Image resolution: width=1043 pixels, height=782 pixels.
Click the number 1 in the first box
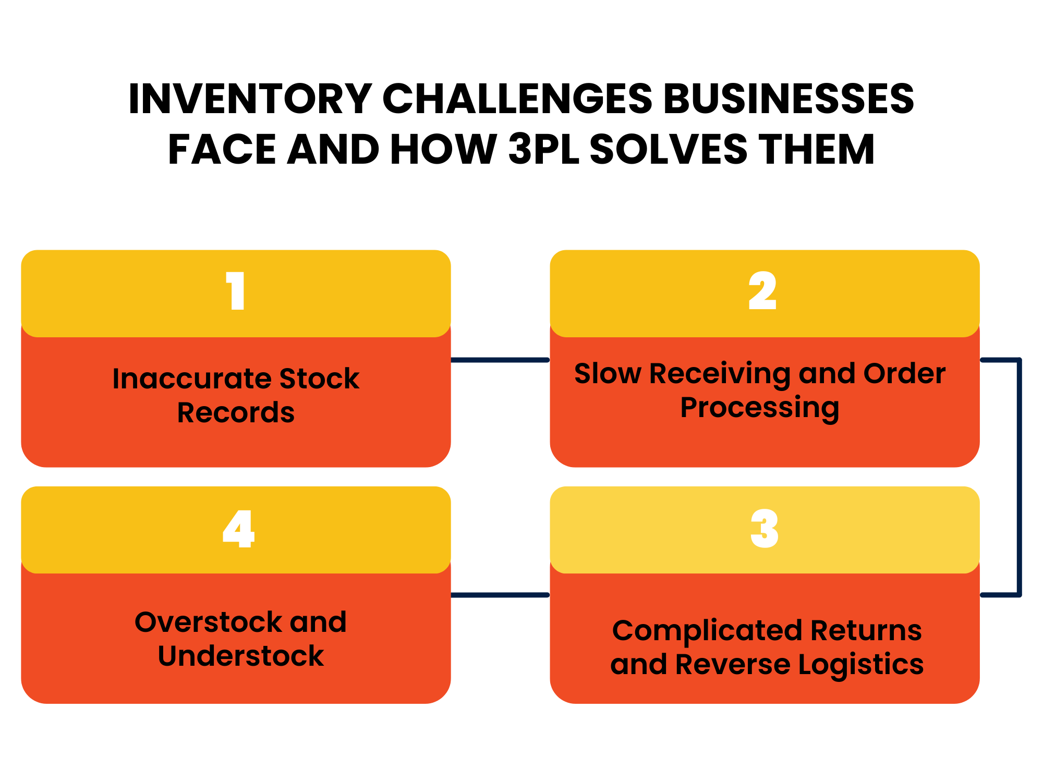coord(236,291)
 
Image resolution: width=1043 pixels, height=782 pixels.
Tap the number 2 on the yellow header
coord(762,291)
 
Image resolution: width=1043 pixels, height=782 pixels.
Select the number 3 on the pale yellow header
coord(765,528)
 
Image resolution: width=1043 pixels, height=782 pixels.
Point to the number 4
coord(238,528)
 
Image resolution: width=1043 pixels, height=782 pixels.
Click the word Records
coord(236,413)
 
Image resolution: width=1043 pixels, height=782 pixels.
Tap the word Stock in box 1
coord(319,378)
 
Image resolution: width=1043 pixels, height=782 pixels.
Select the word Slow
coord(608,374)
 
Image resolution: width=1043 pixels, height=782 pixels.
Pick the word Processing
coord(759,408)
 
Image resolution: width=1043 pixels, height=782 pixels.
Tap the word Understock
coord(240,656)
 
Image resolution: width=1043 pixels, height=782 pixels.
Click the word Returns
coord(866,631)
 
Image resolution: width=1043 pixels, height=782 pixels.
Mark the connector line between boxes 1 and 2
coord(500,360)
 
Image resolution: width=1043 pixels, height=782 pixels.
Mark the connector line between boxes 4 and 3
coord(500,595)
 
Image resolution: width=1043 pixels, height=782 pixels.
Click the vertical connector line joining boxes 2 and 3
coord(1018,477)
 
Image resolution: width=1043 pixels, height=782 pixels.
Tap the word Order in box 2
coord(904,374)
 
